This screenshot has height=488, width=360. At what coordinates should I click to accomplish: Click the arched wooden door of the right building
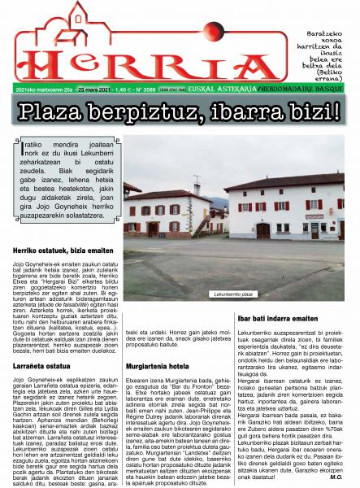pyautogui.click(x=263, y=230)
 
